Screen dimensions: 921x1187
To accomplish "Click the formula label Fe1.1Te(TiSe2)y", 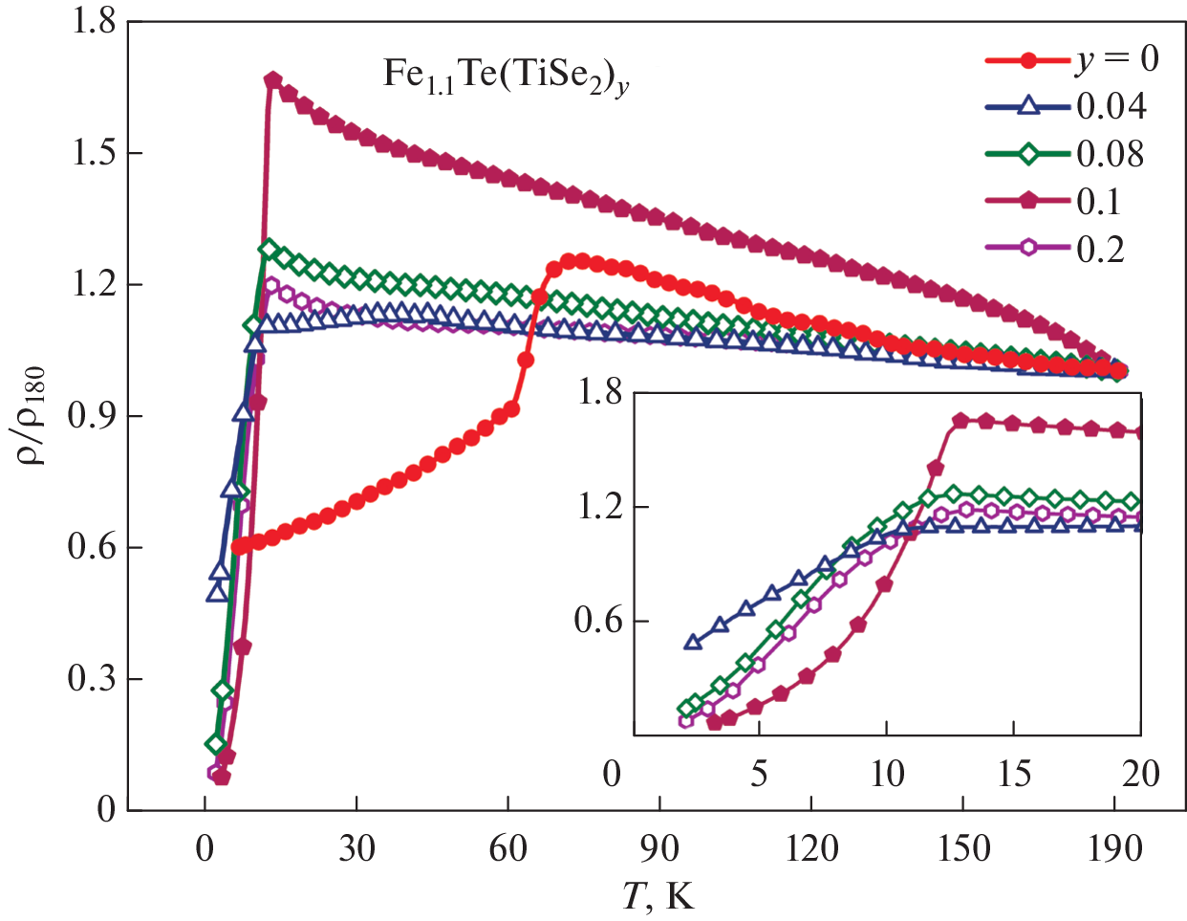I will tap(506, 76).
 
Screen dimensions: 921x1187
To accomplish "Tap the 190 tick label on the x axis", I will tap(1114, 848).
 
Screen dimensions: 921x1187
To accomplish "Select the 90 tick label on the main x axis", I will tap(659, 848).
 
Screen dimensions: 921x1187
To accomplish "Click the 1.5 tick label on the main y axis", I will tap(93, 153).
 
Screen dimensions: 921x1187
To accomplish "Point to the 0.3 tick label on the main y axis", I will tap(93, 679).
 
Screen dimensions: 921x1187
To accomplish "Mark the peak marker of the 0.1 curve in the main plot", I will tap(273, 80).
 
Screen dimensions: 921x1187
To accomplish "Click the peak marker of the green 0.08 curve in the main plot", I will tap(269, 250).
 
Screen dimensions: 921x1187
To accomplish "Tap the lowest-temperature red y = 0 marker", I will tap(240, 546).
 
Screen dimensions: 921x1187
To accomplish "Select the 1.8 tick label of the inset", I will tap(598, 392).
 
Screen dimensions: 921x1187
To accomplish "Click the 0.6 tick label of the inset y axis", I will tap(598, 621).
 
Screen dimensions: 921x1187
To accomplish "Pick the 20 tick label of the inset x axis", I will tap(1140, 773).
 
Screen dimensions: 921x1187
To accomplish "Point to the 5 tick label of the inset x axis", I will tap(759, 773).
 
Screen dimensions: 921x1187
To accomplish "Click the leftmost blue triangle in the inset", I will tap(694, 642).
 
